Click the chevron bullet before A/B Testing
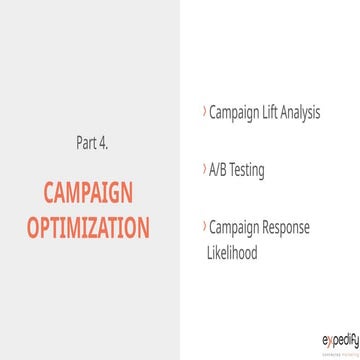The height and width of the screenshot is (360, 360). coord(204,170)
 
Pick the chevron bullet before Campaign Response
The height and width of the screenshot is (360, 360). coord(204,227)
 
